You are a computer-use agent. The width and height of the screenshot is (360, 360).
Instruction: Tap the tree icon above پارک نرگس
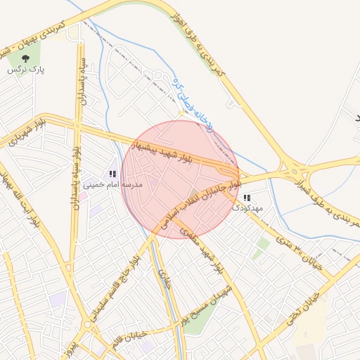26,59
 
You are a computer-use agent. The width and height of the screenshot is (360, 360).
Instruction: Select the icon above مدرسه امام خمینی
112,174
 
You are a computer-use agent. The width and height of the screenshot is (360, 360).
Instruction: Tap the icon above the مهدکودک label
246,198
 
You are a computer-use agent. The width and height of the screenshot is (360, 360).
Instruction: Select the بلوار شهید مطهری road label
204,246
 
